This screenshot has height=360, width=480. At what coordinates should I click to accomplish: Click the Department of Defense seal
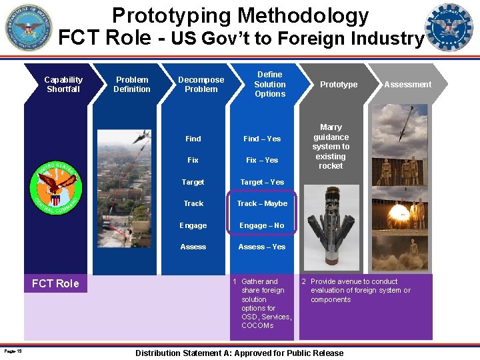click(x=27, y=27)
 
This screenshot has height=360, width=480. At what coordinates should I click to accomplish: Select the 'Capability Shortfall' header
click(x=63, y=84)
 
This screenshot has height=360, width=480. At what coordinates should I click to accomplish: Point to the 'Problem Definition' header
click(x=131, y=84)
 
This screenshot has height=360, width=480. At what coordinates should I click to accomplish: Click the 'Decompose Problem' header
click(x=201, y=84)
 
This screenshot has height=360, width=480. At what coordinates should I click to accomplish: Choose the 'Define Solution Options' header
click(x=269, y=84)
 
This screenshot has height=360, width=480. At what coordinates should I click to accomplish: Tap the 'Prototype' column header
click(x=338, y=85)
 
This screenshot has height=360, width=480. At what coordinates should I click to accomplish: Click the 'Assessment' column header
click(x=407, y=85)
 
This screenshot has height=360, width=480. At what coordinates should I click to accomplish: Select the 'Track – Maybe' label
click(x=262, y=203)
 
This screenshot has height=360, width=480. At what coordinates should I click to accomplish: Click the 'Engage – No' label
click(x=261, y=225)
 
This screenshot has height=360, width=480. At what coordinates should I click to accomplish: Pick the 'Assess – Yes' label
click(x=261, y=247)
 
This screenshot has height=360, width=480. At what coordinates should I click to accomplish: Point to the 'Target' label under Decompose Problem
click(x=193, y=182)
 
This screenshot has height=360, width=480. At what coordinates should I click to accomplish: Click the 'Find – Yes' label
click(x=262, y=139)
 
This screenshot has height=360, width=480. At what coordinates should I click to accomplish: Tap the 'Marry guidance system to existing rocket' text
click(x=331, y=146)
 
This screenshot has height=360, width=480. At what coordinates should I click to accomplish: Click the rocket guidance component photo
click(x=331, y=227)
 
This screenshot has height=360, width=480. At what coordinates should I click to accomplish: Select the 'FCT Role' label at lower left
click(x=55, y=284)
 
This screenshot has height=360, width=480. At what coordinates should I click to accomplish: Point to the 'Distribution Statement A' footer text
click(x=239, y=353)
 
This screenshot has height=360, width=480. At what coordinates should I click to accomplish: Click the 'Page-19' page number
click(x=13, y=351)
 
